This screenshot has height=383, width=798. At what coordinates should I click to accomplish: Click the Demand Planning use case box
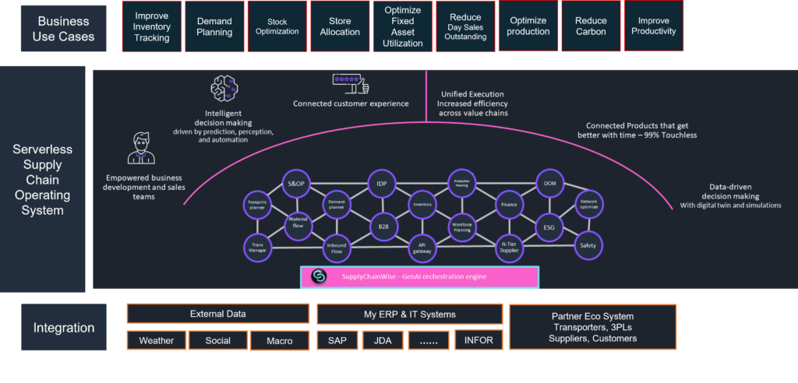pyautogui.click(x=214, y=26)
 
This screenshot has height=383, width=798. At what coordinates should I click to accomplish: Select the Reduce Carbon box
pyautogui.click(x=591, y=26)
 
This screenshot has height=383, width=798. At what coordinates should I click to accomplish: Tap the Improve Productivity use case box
pyautogui.click(x=653, y=26)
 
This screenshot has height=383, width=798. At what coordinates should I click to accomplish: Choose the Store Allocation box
pyautogui.click(x=340, y=26)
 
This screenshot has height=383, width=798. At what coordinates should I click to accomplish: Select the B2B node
pyautogui.click(x=383, y=226)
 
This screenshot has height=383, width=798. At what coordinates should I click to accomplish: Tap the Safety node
pyautogui.click(x=588, y=245)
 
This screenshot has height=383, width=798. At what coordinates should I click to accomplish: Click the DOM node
pyautogui.click(x=549, y=184)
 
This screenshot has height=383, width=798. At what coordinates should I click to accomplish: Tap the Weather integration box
pyautogui.click(x=157, y=341)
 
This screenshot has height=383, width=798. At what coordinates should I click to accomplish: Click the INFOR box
pyautogui.click(x=478, y=341)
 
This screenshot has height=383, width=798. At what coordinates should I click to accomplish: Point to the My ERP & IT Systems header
pyautogui.click(x=409, y=314)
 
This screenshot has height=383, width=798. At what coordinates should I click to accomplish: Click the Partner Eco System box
pyautogui.click(x=592, y=328)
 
